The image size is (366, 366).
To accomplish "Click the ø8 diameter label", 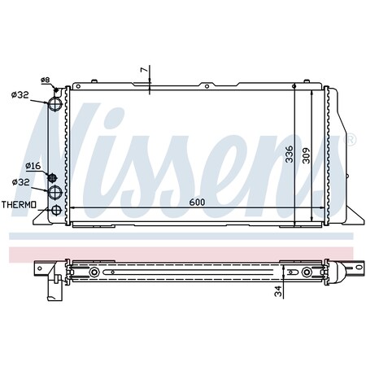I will pyautogui.click(x=46, y=79).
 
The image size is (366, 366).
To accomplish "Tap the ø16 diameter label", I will pyautogui.click(x=33, y=165).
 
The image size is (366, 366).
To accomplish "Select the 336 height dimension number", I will pyautogui.click(x=290, y=155).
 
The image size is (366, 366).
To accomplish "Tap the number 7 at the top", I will pyautogui.click(x=144, y=72).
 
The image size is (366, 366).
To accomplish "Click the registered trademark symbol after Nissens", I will pyautogui.click(x=351, y=141).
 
